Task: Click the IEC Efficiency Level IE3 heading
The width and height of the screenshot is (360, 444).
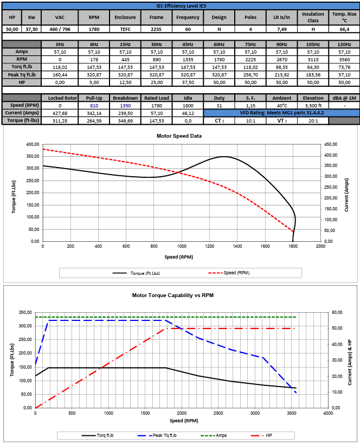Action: [181, 5]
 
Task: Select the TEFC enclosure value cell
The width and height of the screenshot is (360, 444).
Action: [125, 29]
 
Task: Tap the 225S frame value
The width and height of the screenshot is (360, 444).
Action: [156, 29]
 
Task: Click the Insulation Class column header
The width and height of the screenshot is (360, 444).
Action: [313, 17]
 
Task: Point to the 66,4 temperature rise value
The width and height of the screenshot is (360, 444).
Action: [344, 29]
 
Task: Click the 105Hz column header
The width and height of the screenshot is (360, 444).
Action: [312, 44]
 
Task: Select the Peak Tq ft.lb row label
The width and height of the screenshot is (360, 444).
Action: [22, 75]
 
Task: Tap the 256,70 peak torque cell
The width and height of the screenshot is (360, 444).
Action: [250, 75]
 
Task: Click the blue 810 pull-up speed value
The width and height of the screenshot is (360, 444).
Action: [94, 105]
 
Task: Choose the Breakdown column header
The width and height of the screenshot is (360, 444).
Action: [125, 98]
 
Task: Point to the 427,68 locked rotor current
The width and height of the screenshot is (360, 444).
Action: [60, 113]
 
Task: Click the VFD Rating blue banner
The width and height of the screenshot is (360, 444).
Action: [281, 113]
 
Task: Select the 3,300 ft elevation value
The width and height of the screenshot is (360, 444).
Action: [313, 105]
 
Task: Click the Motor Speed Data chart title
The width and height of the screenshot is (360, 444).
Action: [179, 136]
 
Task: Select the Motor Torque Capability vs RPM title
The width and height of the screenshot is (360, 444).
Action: [179, 295]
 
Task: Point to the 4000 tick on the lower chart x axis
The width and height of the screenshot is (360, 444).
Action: [327, 413]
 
